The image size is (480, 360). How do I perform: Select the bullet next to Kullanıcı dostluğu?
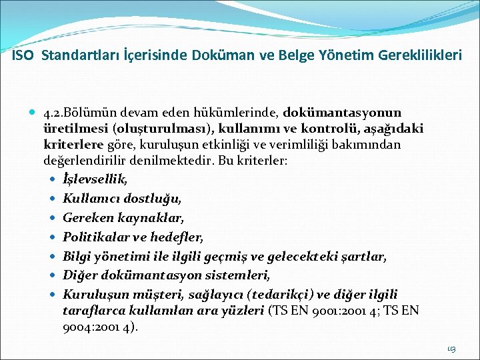tap(53, 199)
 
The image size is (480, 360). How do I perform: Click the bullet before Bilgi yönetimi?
tap(53, 256)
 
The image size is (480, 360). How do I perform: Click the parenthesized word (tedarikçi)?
tap(277, 294)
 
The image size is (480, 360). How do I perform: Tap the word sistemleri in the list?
tap(243, 275)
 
